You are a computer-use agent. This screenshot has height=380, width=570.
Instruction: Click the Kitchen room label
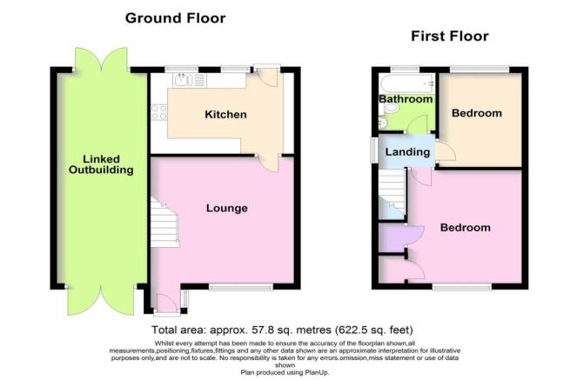pyautogui.click(x=225, y=115)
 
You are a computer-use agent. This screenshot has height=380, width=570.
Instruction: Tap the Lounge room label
pyautogui.click(x=227, y=208)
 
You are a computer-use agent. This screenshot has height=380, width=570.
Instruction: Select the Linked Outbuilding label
pyautogui.click(x=101, y=165)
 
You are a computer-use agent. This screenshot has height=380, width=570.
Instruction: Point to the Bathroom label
pyautogui.click(x=406, y=100)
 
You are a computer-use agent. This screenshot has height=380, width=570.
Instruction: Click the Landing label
pyautogui.click(x=408, y=152)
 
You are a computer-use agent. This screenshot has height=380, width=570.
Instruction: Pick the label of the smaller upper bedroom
pyautogui.click(x=477, y=114)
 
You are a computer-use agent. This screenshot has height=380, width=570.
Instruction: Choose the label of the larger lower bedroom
pyautogui.click(x=465, y=228)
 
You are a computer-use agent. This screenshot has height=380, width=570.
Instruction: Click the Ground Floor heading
pyautogui.click(x=175, y=17)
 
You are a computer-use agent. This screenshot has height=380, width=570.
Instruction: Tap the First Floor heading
pyautogui.click(x=449, y=37)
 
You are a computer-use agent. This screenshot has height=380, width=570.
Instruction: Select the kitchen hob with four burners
pyautogui.click(x=159, y=111)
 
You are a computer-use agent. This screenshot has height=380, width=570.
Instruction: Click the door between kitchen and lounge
pyautogui.click(x=267, y=163)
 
